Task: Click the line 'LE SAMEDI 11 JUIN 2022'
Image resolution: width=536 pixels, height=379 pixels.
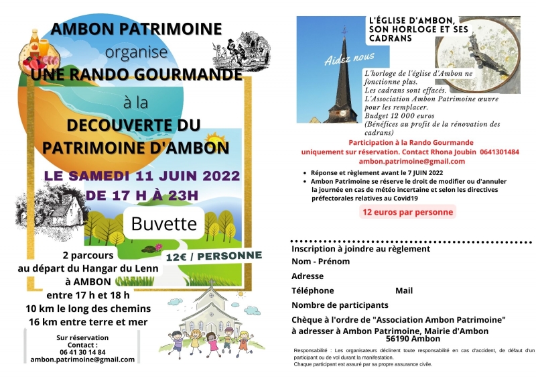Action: coord(141,176)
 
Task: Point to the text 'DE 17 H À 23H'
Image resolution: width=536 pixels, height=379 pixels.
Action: coord(142,195)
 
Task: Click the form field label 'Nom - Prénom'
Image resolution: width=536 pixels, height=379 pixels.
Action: coord(320,262)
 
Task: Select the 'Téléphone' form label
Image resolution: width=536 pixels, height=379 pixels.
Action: coord(312,290)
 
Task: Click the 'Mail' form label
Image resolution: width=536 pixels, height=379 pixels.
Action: coord(404,290)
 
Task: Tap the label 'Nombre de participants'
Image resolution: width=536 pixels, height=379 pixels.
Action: coord(340,305)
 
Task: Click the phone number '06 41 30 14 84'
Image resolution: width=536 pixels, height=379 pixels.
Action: coord(82,351)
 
